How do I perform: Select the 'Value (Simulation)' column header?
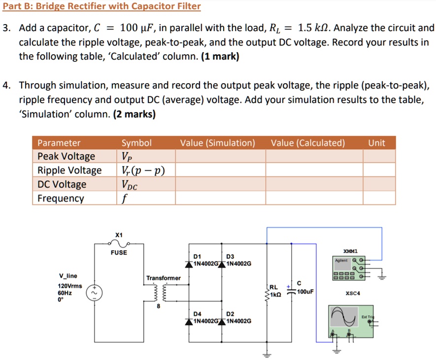(x=217, y=143)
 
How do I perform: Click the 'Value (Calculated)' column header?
(x=308, y=143)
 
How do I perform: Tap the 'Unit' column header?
(x=376, y=143)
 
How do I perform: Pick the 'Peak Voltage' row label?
(x=67, y=157)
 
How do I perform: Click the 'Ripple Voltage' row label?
(x=69, y=170)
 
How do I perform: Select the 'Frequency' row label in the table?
(x=61, y=198)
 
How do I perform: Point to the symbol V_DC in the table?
(x=130, y=185)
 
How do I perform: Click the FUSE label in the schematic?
(x=119, y=253)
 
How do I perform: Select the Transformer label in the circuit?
(x=163, y=278)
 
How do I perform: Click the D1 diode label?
(x=197, y=257)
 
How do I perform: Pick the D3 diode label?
(x=230, y=257)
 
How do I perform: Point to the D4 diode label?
(x=197, y=314)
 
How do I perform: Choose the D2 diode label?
(x=230, y=314)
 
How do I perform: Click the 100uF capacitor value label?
(x=305, y=291)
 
